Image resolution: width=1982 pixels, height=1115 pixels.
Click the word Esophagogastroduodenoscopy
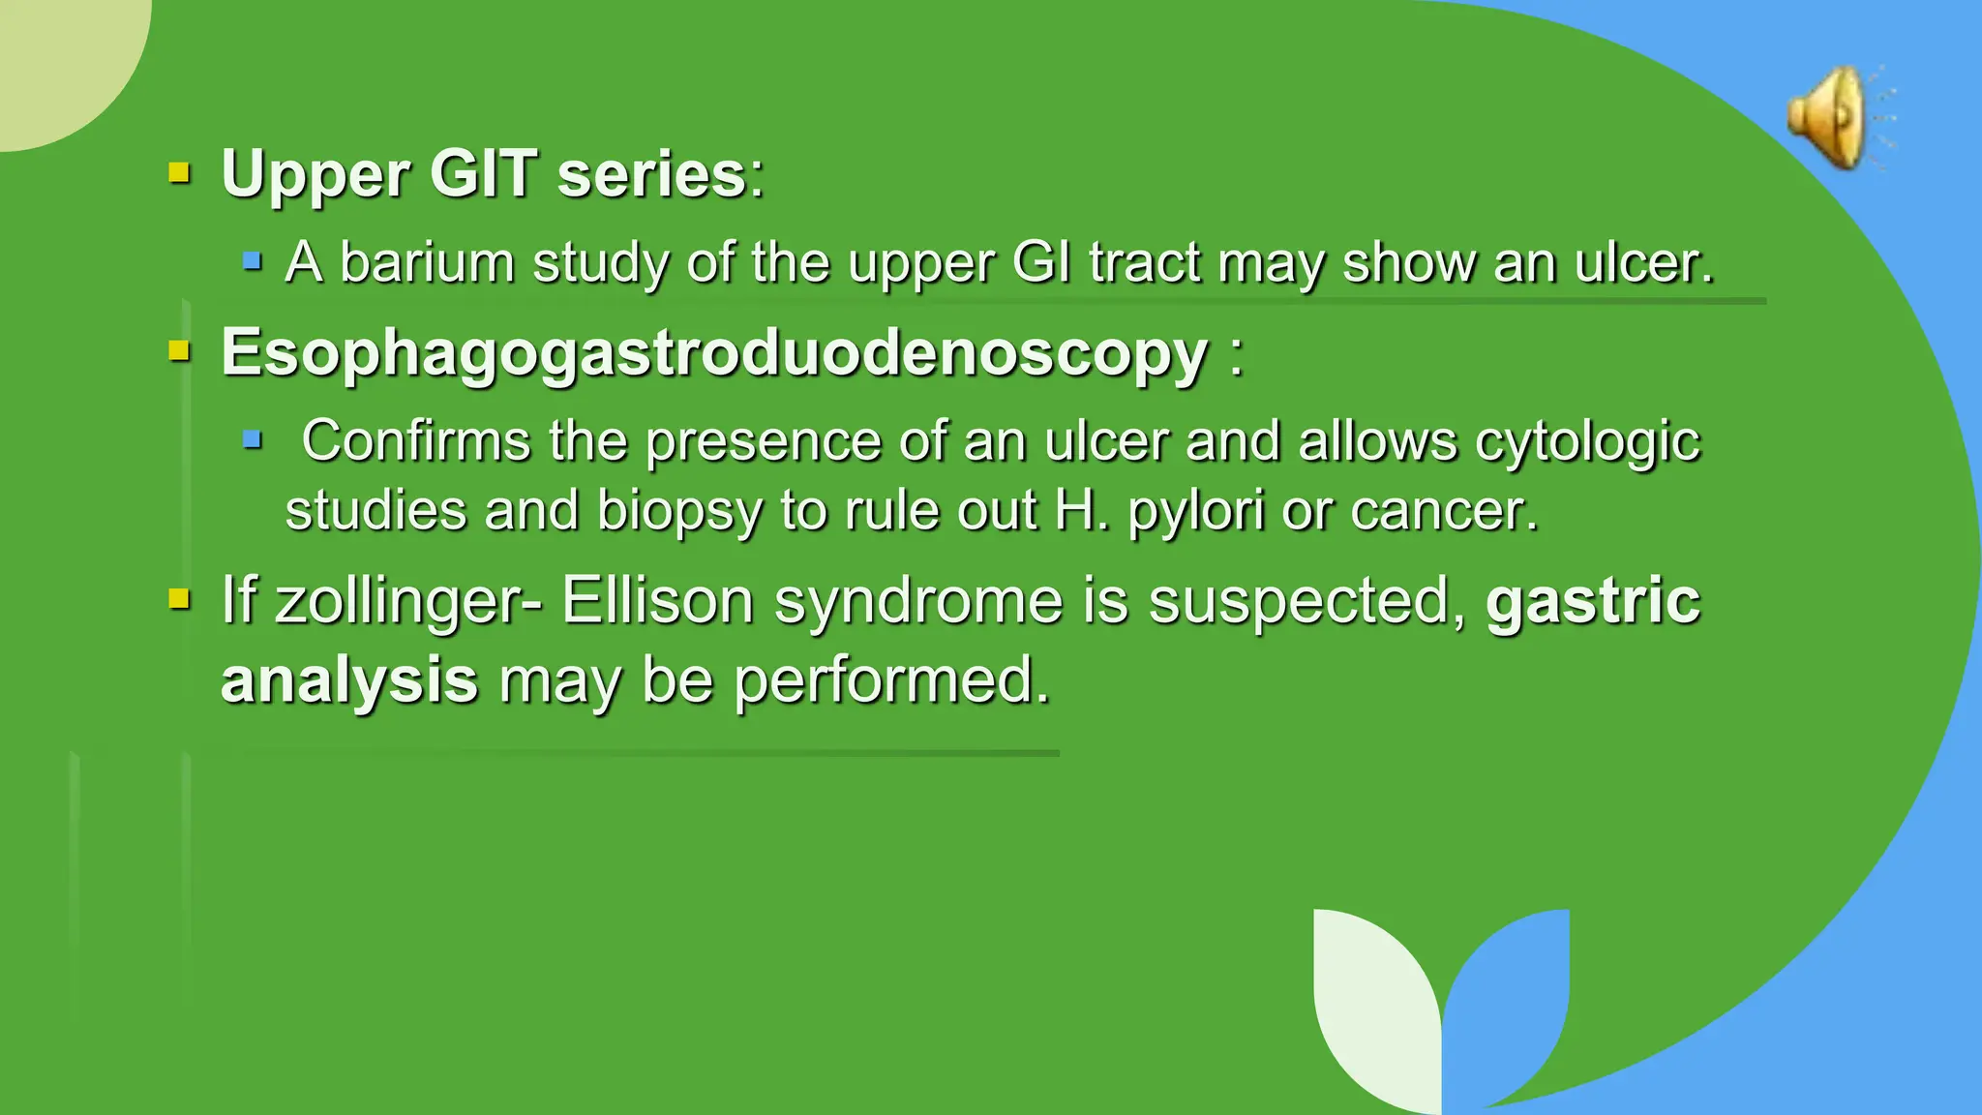[714, 352]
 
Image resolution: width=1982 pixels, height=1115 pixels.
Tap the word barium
[426, 262]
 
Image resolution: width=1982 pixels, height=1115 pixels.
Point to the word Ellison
[657, 601]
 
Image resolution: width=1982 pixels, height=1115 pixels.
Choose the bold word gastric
[1593, 601]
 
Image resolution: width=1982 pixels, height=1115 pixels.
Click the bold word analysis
[349, 679]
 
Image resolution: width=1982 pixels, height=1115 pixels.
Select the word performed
[891, 679]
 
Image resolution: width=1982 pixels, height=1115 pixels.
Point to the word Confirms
[415, 441]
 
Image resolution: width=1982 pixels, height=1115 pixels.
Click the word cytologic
[1587, 441]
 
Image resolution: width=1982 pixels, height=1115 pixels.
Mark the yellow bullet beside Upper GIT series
[179, 173]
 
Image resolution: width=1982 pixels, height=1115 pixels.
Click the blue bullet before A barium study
[253, 260]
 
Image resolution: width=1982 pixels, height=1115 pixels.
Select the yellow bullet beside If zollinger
[179, 599]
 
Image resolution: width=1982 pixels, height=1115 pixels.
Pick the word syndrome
[918, 601]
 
